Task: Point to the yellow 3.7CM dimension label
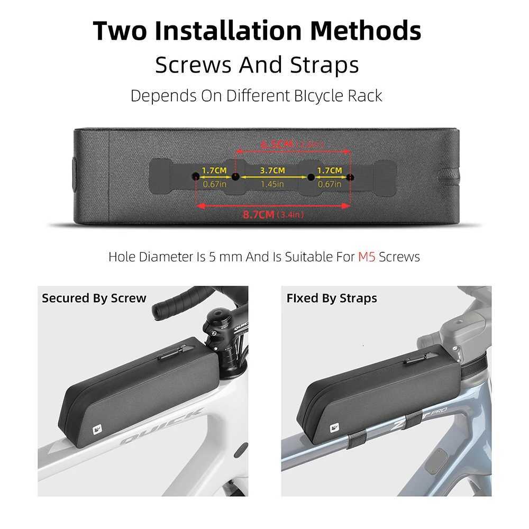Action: pyautogui.click(x=272, y=170)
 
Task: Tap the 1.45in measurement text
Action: pyautogui.click(x=272, y=184)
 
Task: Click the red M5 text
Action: pyautogui.click(x=367, y=257)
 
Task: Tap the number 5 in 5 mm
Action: pyautogui.click(x=213, y=257)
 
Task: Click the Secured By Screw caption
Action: pyautogui.click(x=94, y=298)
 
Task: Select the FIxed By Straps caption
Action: pyautogui.click(x=332, y=298)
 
